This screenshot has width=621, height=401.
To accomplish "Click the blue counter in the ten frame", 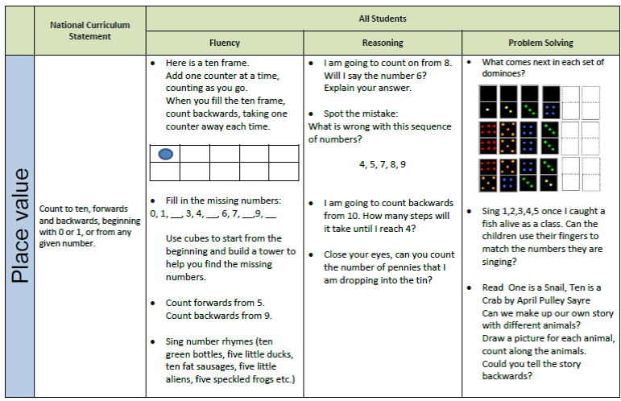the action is coord(166,154).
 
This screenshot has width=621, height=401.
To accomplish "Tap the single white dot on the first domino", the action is coord(487,110).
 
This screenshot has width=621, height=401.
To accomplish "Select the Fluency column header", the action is coord(225,43).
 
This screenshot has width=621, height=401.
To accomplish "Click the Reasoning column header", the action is coord(383,43).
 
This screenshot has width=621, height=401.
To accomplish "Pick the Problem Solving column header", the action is coord(540,43).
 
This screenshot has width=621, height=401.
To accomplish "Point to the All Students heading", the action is coord(383,19).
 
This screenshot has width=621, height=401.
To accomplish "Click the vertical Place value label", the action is coord(20,226).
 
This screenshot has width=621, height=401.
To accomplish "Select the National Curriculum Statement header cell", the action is coord(90,31).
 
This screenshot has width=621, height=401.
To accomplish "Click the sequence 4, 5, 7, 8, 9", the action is coord(383,164).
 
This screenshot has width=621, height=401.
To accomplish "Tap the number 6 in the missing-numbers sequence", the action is coord(225,213).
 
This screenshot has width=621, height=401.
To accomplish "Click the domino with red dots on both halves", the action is coord(488,138).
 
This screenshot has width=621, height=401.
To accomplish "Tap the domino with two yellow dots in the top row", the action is coord(508,101).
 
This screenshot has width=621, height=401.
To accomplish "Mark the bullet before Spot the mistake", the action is coord(311,114).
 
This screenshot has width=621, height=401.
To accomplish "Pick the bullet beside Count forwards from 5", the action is coord(153,304).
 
